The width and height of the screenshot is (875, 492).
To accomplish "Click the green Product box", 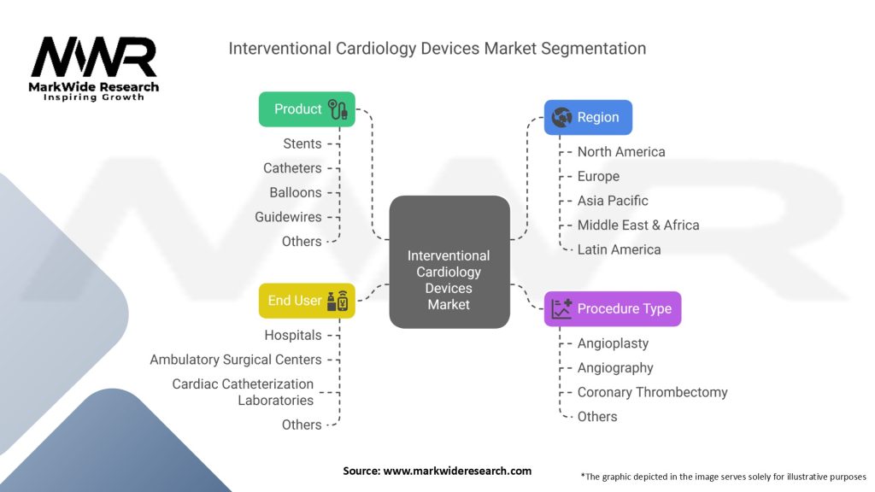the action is point(307,109).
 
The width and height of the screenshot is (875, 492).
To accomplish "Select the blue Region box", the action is point(588,117).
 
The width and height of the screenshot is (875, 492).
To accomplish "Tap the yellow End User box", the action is point(307,301).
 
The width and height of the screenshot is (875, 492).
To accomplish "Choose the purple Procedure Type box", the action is point(613,308).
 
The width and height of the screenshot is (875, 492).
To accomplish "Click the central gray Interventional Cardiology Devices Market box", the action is point(449,262).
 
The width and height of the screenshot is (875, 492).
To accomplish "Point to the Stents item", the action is point(302,143).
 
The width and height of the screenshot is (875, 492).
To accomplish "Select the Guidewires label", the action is point(288,217).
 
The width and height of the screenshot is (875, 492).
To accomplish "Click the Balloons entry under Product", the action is point(296,192).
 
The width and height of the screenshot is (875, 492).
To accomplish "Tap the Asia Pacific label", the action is point(613,201).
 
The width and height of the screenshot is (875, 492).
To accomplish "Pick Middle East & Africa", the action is point(638,225).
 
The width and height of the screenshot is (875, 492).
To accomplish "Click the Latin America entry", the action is point(619,250).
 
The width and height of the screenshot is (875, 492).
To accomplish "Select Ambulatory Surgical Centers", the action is point(236,360).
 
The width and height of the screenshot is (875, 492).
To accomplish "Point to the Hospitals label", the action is point(293,335).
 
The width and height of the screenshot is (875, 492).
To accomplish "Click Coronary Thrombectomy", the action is point(652,392).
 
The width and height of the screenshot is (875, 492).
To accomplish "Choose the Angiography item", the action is point(615,368).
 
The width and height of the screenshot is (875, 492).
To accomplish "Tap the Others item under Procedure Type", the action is point(597,417).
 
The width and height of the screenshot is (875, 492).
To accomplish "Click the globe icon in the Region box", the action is point(561,117).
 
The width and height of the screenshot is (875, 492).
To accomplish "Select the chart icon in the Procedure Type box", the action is point(561,308).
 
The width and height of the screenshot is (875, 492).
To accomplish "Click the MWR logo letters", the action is point(94,57).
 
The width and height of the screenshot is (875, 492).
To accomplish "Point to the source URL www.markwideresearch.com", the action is point(457,471).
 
